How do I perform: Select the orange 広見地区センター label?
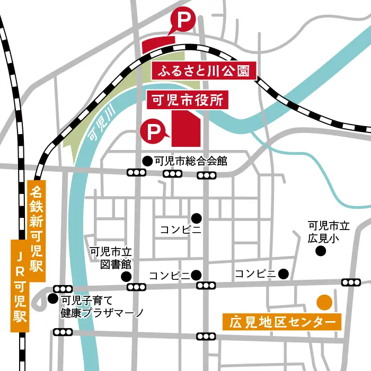click(x=283, y=322)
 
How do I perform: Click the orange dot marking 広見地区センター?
click(x=324, y=302)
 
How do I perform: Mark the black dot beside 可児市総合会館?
click(x=146, y=161)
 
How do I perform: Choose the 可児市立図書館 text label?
click(x=110, y=258)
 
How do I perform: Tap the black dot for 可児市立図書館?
click(x=126, y=276)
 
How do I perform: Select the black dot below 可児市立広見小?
click(x=320, y=251)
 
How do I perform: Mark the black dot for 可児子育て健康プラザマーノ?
click(x=52, y=299)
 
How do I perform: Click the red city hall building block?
click(x=187, y=130)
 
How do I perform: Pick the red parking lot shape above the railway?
click(x=158, y=43)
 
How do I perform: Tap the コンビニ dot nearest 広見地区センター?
click(x=284, y=274)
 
